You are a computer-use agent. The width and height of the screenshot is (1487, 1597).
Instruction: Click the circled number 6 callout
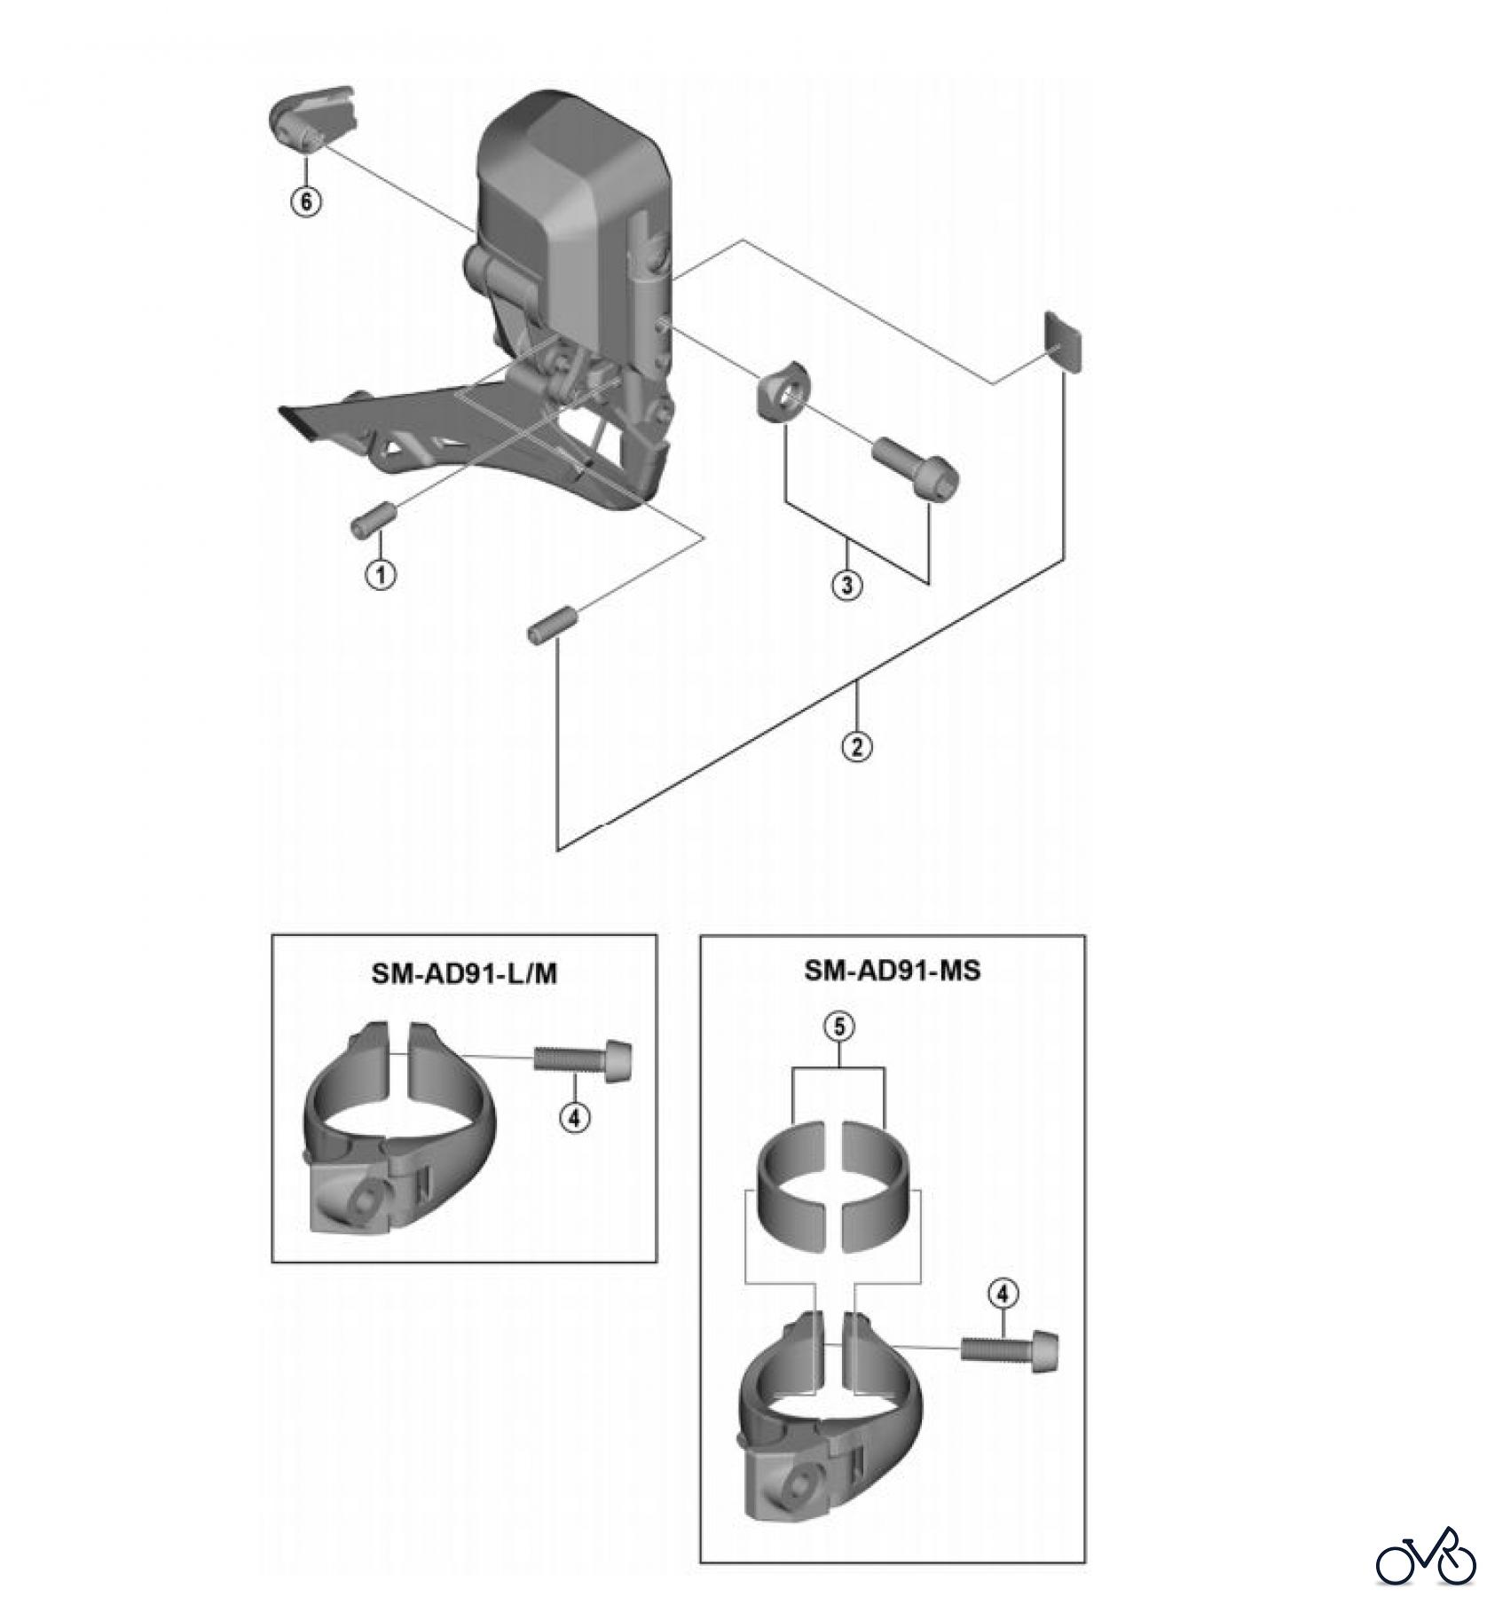306,201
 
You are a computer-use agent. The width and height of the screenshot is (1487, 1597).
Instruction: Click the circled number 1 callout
381,574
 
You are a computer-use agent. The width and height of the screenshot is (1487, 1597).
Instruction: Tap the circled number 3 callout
847,585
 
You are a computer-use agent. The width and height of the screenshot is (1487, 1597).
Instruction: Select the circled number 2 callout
856,746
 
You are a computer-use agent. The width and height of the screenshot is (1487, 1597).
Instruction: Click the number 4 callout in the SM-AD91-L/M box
574,1118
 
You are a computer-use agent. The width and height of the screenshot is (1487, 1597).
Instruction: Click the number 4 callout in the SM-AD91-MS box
1003,1294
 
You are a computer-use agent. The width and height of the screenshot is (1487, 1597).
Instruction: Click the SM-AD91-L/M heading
464,973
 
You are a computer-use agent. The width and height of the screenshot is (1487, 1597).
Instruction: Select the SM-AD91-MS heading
892,970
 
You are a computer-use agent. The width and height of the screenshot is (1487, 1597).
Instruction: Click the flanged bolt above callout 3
916,463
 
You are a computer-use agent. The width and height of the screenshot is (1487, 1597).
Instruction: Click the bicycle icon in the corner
1427,1554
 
